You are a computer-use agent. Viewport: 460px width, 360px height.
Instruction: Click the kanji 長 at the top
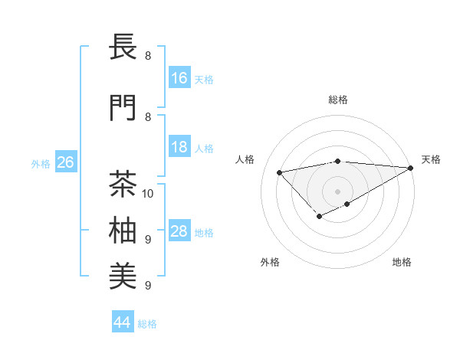[x=124, y=47]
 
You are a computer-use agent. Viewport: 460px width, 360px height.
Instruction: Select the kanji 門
[x=124, y=108]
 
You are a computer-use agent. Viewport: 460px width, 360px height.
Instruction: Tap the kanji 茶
[x=124, y=185]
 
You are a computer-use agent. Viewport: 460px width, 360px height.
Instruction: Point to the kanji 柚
[x=124, y=231]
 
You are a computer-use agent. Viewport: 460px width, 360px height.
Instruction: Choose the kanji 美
[x=124, y=277]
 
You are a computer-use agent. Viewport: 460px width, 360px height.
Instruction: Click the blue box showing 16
[x=179, y=78]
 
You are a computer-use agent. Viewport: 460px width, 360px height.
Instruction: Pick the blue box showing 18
[x=179, y=147]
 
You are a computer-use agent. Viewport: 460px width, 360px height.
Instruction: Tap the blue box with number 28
[x=179, y=231]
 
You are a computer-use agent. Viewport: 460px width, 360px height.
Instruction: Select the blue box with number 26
[x=65, y=162]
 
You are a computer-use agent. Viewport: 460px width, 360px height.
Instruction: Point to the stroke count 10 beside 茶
[x=149, y=193]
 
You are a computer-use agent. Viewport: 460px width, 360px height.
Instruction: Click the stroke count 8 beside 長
[x=148, y=56]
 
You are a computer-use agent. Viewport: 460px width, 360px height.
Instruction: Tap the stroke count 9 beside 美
[x=148, y=286]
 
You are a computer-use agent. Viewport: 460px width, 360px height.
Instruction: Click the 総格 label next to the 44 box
[x=147, y=324]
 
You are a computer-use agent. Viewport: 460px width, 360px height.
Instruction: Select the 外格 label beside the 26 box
[x=41, y=164]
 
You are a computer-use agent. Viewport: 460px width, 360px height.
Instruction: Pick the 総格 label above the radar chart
[x=338, y=100]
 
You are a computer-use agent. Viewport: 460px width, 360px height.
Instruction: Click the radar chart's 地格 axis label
[x=402, y=263]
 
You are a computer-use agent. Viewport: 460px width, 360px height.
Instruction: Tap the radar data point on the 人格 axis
[x=279, y=172]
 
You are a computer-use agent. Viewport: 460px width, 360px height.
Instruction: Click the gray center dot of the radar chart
[x=337, y=191]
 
